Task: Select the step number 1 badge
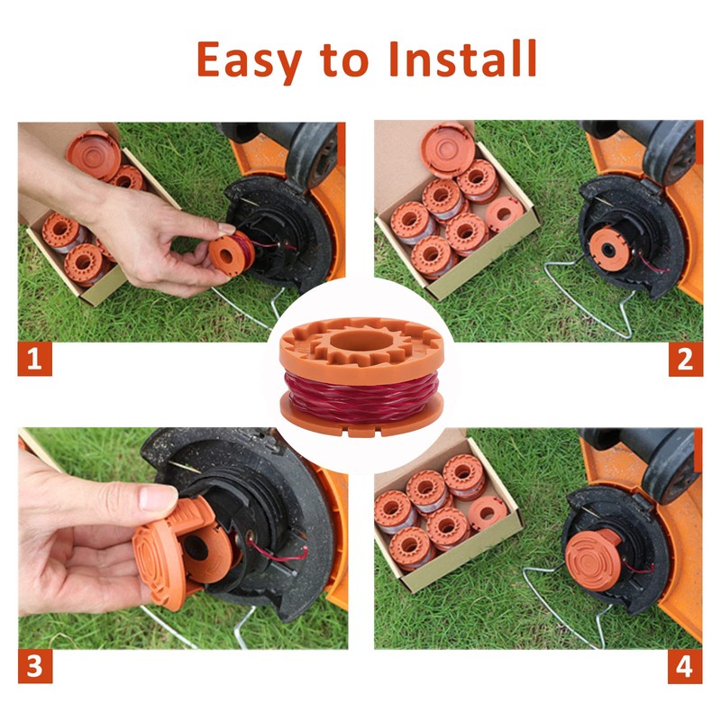coord(34,360)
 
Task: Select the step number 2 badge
coord(685,360)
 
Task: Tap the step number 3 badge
coord(34,667)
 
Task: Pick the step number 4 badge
coord(685,667)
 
